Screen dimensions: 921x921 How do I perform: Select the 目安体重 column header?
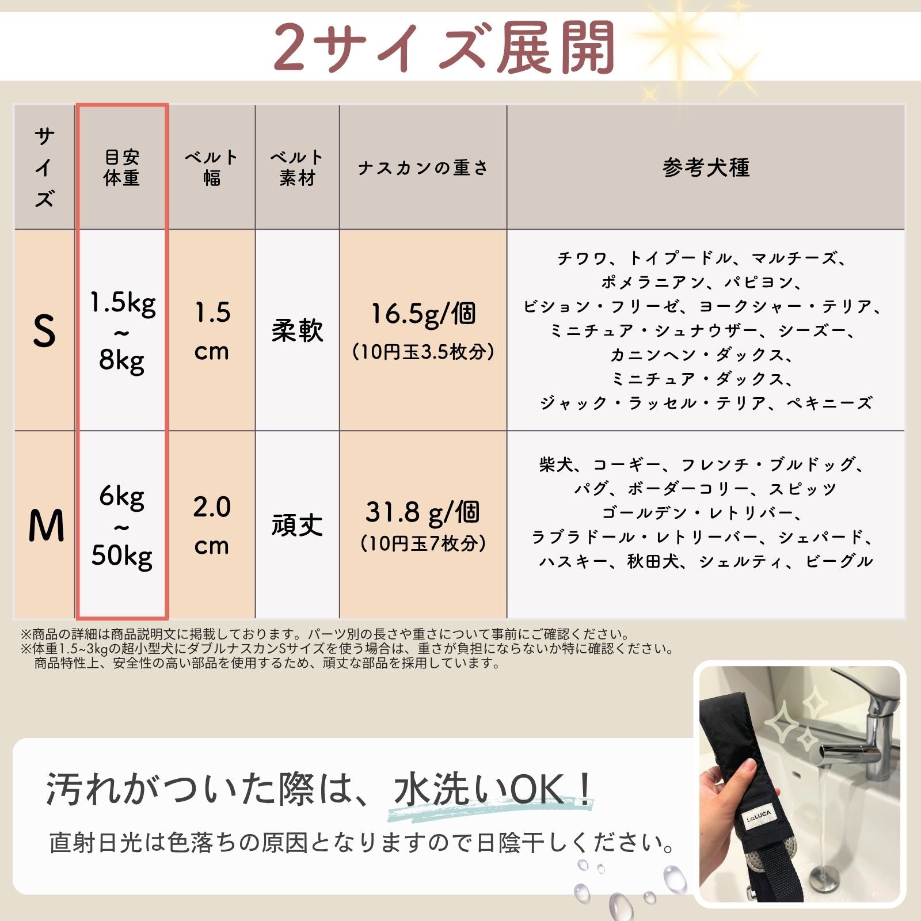click(x=121, y=168)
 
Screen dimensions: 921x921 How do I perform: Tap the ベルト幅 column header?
click(x=211, y=168)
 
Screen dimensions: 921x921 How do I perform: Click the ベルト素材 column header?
click(x=297, y=168)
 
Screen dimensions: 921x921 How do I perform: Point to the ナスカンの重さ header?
click(x=423, y=168)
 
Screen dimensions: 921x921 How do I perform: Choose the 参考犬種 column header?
click(x=706, y=168)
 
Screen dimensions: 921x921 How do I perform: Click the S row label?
click(x=44, y=331)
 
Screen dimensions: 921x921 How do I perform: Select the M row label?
click(x=45, y=526)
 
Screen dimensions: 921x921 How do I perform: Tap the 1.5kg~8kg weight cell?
click(x=122, y=332)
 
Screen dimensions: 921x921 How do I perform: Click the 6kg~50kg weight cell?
click(x=122, y=526)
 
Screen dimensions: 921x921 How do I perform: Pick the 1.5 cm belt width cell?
click(x=212, y=332)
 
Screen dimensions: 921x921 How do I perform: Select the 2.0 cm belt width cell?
click(x=212, y=526)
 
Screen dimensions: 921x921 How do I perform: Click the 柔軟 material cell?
click(x=297, y=332)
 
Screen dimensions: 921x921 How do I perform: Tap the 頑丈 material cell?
click(x=297, y=525)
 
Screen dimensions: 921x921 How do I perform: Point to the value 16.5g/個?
click(x=423, y=314)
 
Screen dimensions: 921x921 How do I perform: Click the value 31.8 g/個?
click(x=423, y=512)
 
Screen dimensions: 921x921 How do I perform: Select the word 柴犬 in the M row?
click(x=556, y=465)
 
